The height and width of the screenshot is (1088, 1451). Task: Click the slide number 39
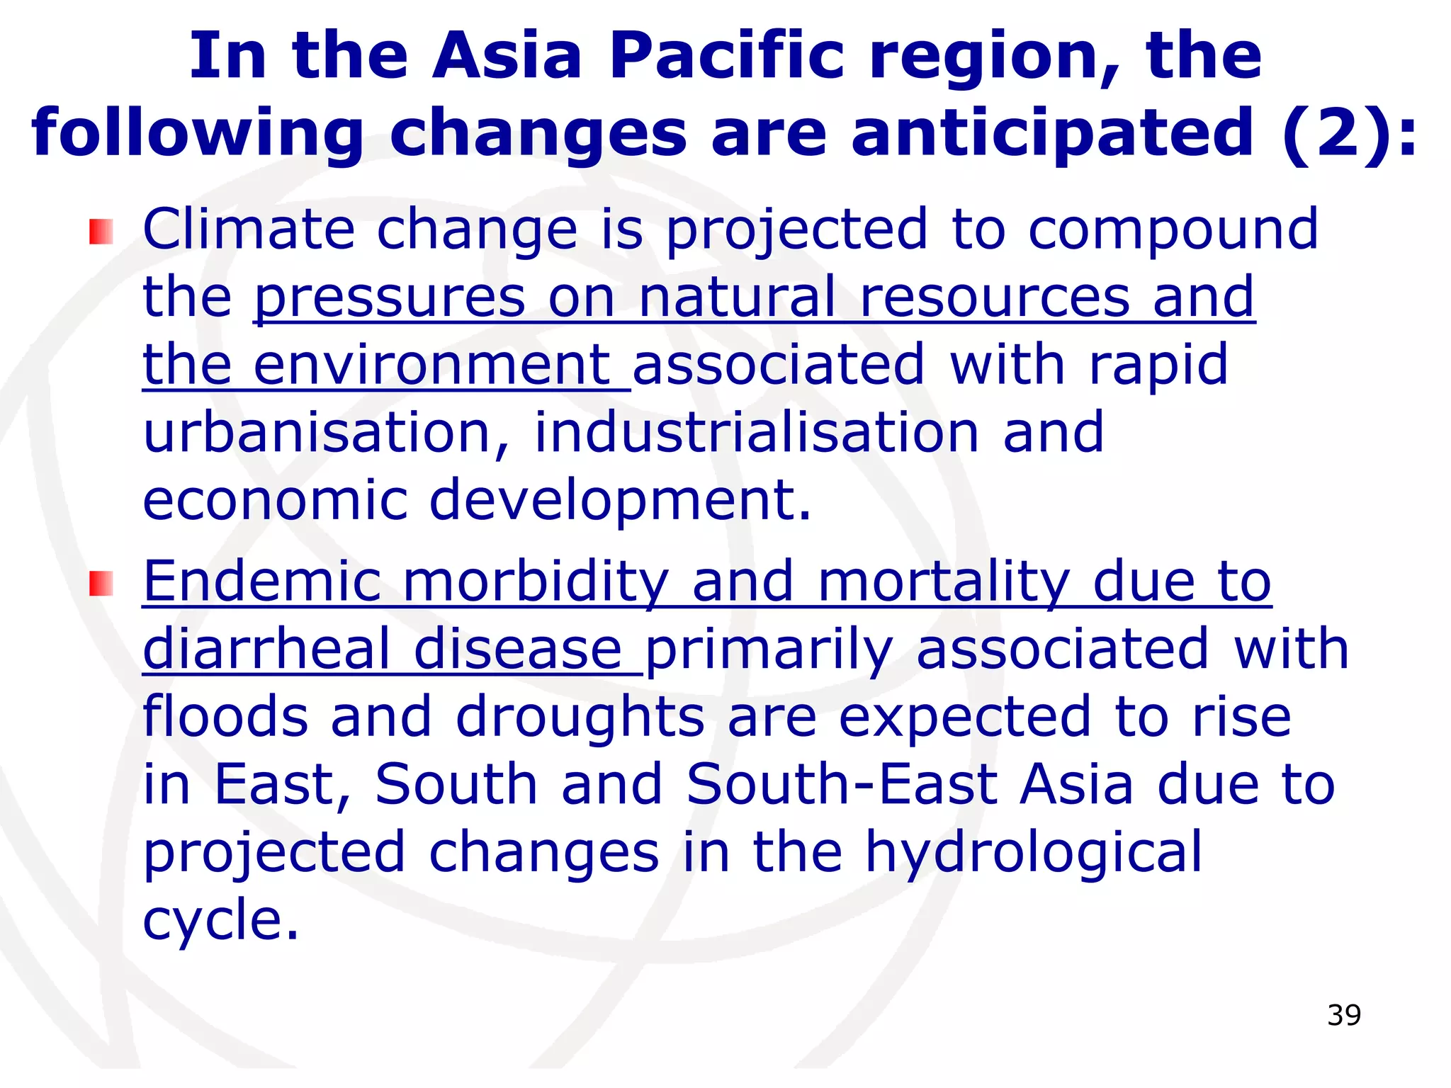1344,1015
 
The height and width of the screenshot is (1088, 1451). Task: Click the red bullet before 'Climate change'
101,232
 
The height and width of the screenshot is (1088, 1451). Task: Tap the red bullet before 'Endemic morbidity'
101,584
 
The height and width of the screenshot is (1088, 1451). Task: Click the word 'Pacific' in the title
727,57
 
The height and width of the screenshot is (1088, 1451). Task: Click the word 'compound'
1173,231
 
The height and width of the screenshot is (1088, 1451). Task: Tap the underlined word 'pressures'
390,297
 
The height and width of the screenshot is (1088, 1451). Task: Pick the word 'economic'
275,499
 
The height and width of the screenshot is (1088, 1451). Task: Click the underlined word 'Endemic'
262,581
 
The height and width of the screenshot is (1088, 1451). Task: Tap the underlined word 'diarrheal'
266,649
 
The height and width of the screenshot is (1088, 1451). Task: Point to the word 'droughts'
580,716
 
